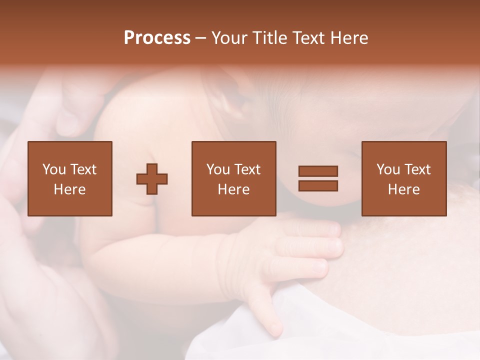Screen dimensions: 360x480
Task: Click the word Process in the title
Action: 157,38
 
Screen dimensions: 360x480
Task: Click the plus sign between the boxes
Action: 152,178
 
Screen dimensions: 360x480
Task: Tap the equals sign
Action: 318,178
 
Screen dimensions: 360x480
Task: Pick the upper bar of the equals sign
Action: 318,171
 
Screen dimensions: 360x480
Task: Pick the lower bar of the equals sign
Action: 318,185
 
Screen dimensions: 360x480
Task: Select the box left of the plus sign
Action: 69,178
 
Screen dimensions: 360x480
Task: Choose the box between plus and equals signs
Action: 233,178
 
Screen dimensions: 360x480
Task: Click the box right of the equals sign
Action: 403,178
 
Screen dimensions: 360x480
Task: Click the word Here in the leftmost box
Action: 69,189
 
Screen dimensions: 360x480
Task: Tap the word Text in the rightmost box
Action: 417,169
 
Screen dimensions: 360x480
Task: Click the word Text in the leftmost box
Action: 83,169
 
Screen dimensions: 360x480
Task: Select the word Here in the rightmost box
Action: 403,189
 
